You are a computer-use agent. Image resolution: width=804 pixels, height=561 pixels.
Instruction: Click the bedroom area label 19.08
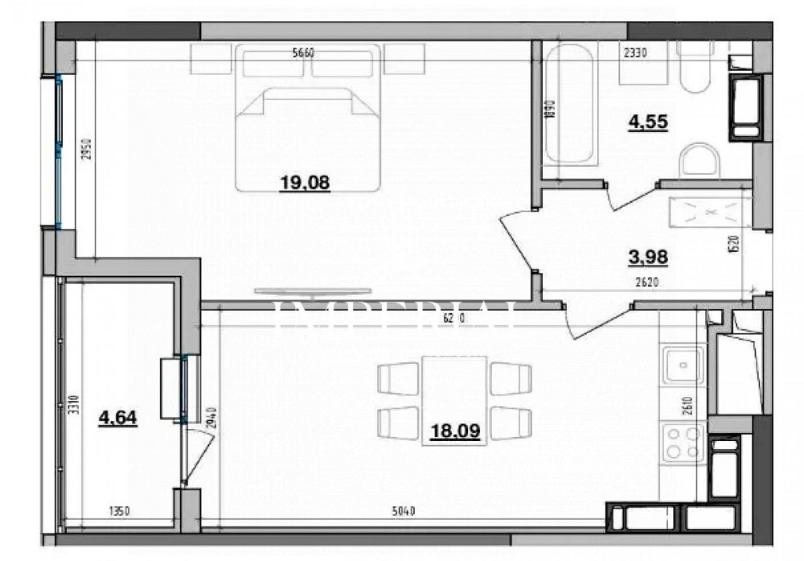pyautogui.click(x=305, y=183)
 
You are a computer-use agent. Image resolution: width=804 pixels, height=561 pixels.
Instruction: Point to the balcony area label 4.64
pyautogui.click(x=117, y=418)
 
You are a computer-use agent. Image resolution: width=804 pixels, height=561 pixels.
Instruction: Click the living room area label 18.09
pyautogui.click(x=454, y=431)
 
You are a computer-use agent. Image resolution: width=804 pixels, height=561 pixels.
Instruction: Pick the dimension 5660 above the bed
pyautogui.click(x=303, y=54)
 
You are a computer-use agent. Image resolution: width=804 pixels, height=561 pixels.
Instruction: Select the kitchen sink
pyautogui.click(x=682, y=366)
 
